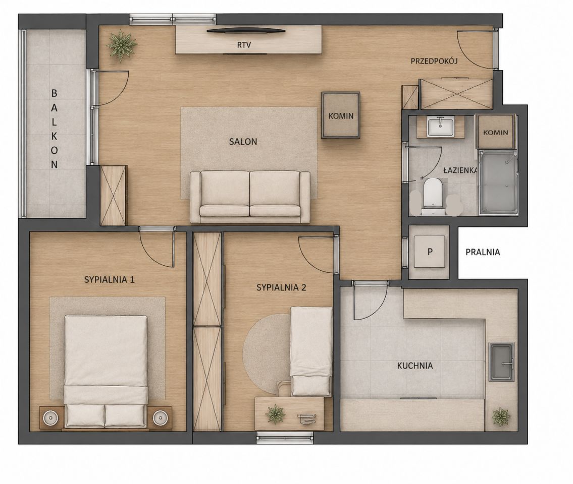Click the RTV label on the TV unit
244,45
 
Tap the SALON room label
243,141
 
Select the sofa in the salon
250,197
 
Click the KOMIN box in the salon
341,115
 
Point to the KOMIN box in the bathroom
496,132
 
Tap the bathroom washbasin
441,127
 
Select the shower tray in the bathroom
498,182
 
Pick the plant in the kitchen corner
501,416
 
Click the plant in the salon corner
121,45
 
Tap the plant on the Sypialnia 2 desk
275,413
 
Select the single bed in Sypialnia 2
311,351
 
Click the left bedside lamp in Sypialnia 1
50,417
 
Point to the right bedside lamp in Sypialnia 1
160,417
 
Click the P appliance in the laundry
430,252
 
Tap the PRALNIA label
483,252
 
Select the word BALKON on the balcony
54,129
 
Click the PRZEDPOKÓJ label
434,61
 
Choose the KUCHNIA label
415,366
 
